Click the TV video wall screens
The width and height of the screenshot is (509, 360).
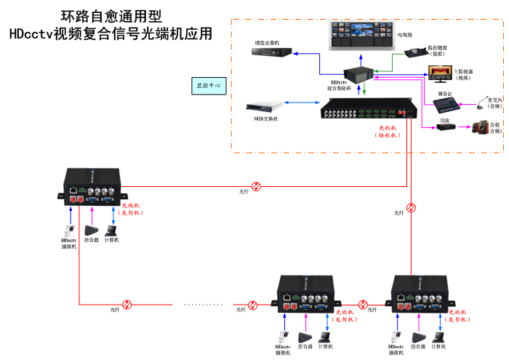click(361, 33)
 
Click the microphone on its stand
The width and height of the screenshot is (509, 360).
click(481, 103)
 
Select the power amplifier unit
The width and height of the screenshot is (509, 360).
click(445, 127)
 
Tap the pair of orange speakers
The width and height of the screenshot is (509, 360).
click(480, 128)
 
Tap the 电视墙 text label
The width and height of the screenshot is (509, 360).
click(405, 34)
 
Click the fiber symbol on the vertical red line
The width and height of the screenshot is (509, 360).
click(411, 208)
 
